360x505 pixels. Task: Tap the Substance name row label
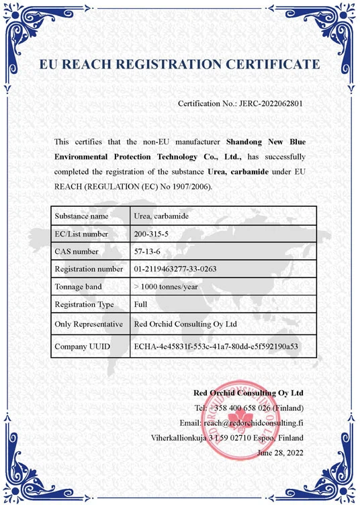81,216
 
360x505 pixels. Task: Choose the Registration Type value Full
141,304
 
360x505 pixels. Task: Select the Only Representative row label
89,324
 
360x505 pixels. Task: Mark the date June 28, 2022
280,453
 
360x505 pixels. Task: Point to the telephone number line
249,408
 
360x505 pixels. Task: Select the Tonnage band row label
80,287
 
